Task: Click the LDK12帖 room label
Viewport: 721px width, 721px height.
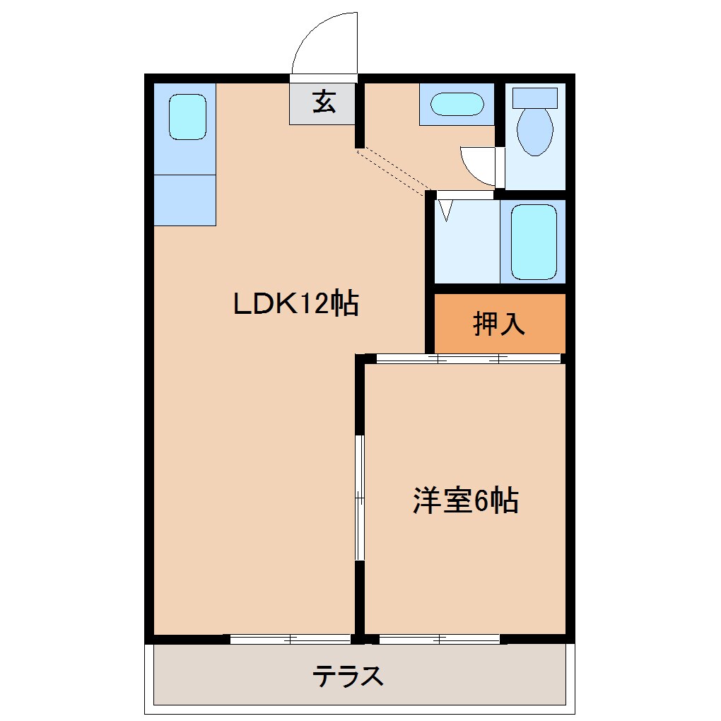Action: coord(296,304)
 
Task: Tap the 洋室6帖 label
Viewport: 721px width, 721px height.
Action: coord(466,501)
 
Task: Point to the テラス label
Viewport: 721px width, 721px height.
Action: coord(348,676)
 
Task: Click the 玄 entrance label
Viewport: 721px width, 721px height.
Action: coord(323,103)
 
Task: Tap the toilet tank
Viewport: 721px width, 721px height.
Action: coord(534,98)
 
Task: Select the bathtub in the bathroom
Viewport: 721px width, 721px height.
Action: coord(534,242)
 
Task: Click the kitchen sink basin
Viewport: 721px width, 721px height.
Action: coord(187,117)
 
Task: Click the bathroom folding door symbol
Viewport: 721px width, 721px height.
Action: coord(445,209)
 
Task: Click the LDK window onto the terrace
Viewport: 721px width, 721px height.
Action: coord(291,639)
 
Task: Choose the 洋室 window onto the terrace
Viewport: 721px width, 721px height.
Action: coord(440,639)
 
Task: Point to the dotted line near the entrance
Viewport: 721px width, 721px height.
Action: coord(394,170)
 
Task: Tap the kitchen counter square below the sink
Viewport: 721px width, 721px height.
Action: coord(184,200)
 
